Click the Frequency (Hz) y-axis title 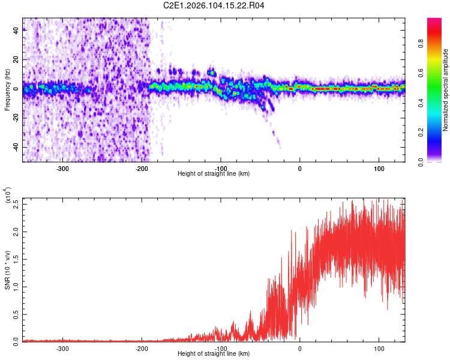click(7, 89)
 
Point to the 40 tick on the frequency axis click(16, 31)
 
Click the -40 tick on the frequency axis click(15, 148)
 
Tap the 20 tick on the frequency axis click(16, 60)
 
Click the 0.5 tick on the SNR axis click(16, 314)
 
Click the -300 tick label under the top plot click(62, 167)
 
